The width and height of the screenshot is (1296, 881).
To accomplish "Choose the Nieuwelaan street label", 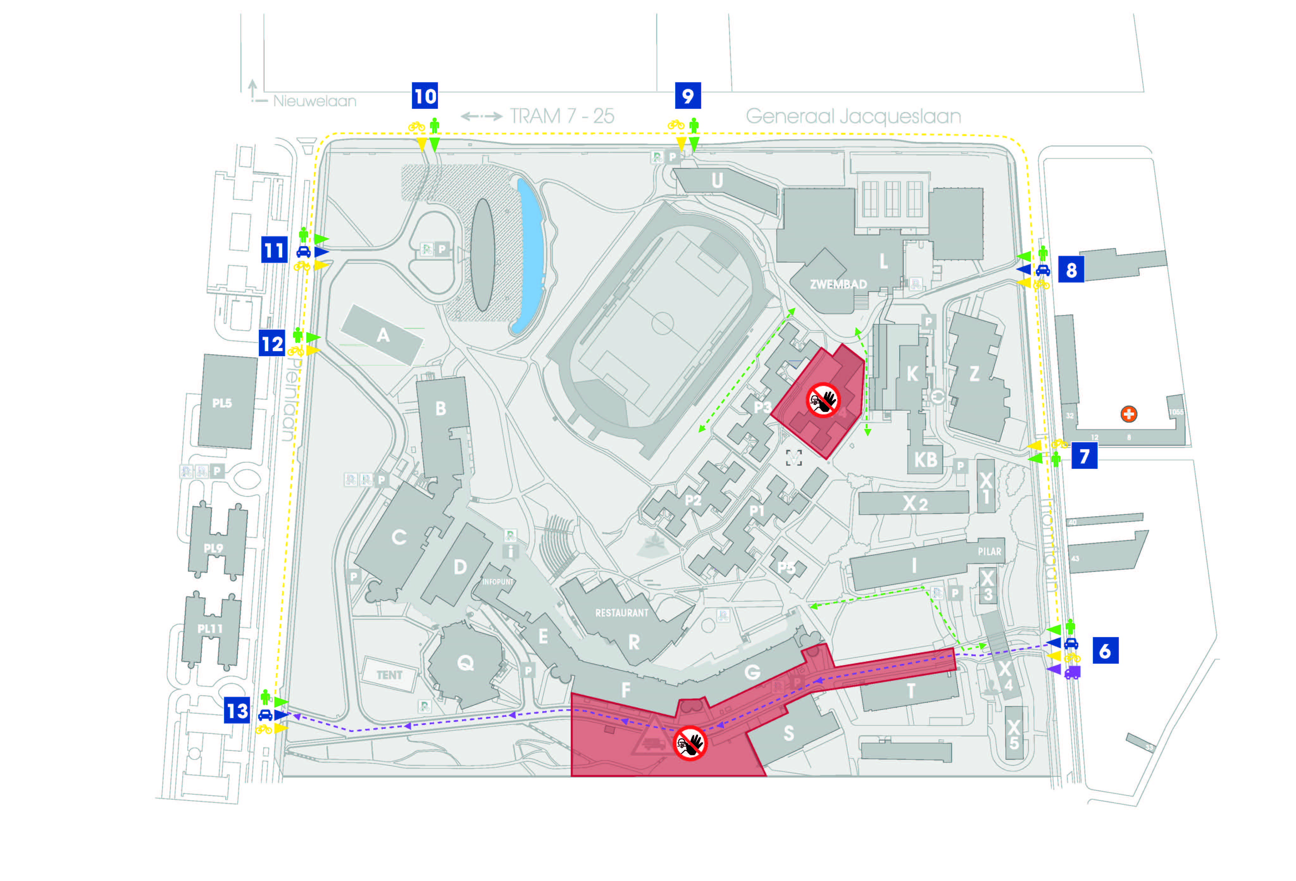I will point(314,101).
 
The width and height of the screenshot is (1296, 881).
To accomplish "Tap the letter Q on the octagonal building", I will point(465,663).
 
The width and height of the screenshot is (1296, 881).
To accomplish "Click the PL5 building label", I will point(221,403).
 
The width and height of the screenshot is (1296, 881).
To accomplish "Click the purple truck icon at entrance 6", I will point(1071,673).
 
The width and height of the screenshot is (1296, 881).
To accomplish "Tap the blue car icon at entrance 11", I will point(303,251).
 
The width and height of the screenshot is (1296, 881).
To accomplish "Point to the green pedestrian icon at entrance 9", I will point(694,126).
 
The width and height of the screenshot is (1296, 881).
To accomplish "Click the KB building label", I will point(925,460).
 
